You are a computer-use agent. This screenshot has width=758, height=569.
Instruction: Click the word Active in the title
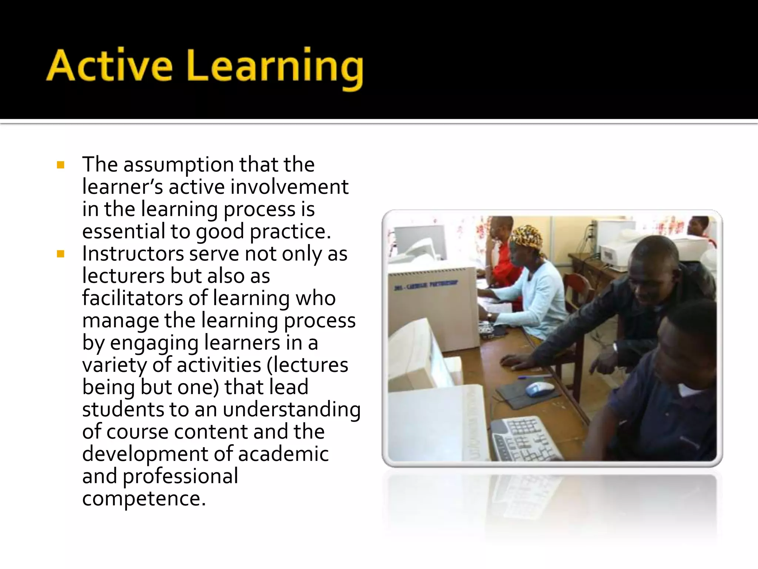click(x=110, y=66)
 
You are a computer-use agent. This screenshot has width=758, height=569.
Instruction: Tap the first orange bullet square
click(x=61, y=165)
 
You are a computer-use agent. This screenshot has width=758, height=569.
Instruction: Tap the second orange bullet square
click(x=61, y=254)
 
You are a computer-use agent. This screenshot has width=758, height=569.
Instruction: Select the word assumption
click(x=179, y=165)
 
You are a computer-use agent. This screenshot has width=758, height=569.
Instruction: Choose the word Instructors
click(x=133, y=254)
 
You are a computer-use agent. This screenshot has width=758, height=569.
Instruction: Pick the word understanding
click(x=291, y=410)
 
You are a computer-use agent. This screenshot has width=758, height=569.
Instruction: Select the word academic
click(x=283, y=454)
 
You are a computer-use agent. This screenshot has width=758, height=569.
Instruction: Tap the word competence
click(x=144, y=499)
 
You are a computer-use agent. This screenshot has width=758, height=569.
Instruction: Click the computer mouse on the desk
click(x=539, y=389)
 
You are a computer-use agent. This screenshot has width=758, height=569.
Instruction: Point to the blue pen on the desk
click(x=533, y=377)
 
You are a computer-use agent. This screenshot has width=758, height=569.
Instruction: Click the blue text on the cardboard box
click(x=425, y=286)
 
